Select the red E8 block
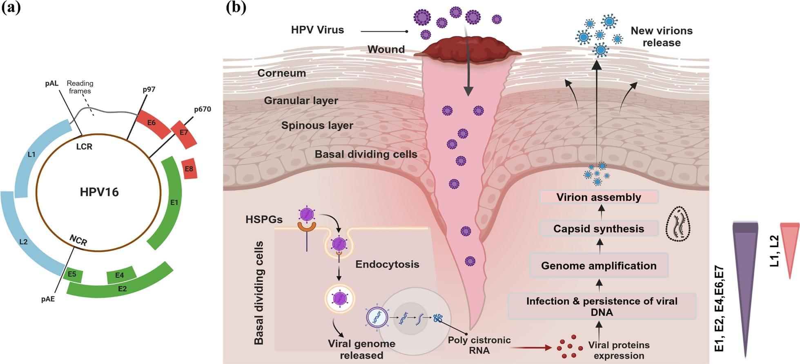(189, 169)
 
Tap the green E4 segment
(121, 275)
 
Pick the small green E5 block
(73, 275)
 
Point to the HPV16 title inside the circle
(99, 192)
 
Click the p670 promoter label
(202, 109)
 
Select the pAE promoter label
(48, 299)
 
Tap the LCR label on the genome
(84, 146)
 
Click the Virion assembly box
(599, 197)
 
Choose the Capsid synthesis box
(599, 229)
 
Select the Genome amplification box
(599, 266)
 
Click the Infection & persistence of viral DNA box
(602, 306)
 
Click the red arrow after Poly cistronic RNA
(531, 348)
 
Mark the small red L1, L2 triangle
(789, 245)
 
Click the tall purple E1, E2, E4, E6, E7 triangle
(746, 277)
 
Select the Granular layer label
(301, 100)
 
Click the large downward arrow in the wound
(468, 78)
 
